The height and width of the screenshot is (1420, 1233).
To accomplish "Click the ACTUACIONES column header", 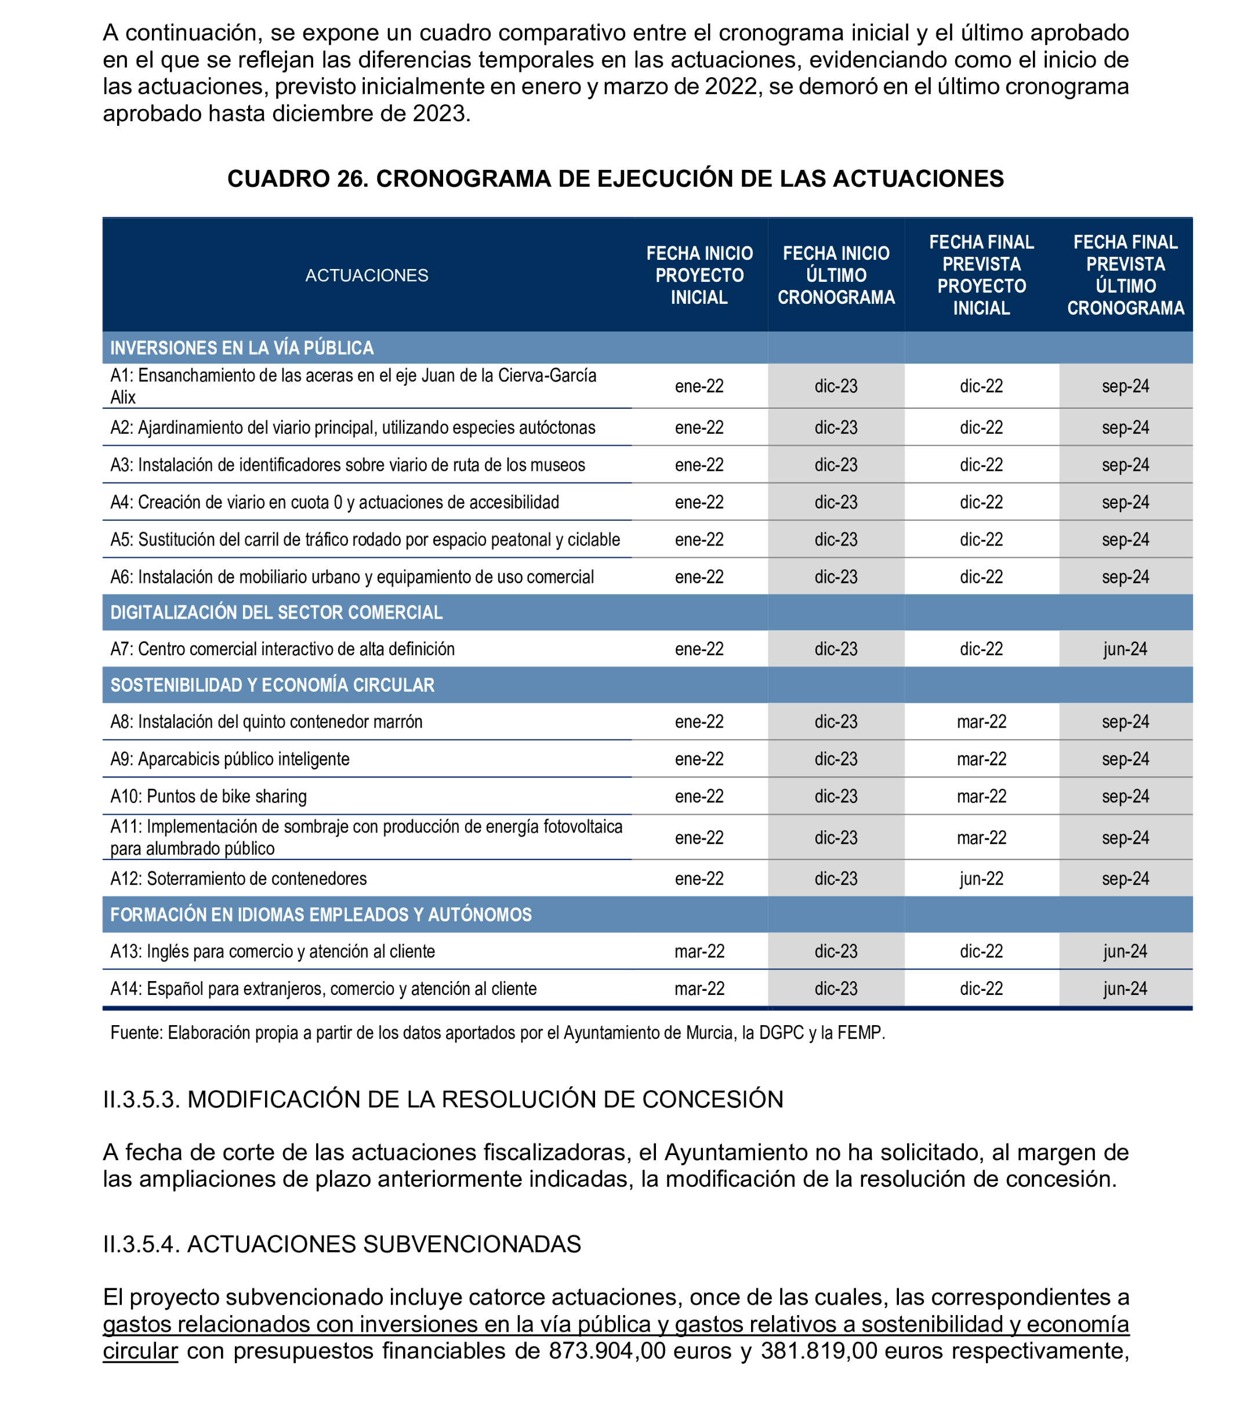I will point(366,275).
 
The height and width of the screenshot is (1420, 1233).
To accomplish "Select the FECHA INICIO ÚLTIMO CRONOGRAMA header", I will point(835,275).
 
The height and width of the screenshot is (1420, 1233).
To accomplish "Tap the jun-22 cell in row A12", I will point(981,878).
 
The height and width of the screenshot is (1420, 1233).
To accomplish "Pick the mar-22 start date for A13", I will point(699,951).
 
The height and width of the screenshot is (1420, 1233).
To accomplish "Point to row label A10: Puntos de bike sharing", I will point(208,796).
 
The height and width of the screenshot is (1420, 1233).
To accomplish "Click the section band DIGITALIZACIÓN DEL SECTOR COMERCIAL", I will point(276,612).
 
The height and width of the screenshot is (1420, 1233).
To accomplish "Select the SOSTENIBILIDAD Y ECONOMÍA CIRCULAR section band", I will point(273,685).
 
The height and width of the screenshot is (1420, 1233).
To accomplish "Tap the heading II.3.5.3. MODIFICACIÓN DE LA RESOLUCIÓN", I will point(443,1099).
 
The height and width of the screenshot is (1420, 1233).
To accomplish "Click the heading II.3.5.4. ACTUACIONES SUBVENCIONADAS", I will point(342,1244).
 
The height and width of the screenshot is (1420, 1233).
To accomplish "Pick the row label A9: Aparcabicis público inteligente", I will point(230,759).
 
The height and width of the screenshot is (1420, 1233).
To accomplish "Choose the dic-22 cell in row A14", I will point(981,988).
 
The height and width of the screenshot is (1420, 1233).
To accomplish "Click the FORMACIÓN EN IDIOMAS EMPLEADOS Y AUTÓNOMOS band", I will point(321,914).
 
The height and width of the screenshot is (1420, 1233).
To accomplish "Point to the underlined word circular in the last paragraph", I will point(140,1350).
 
